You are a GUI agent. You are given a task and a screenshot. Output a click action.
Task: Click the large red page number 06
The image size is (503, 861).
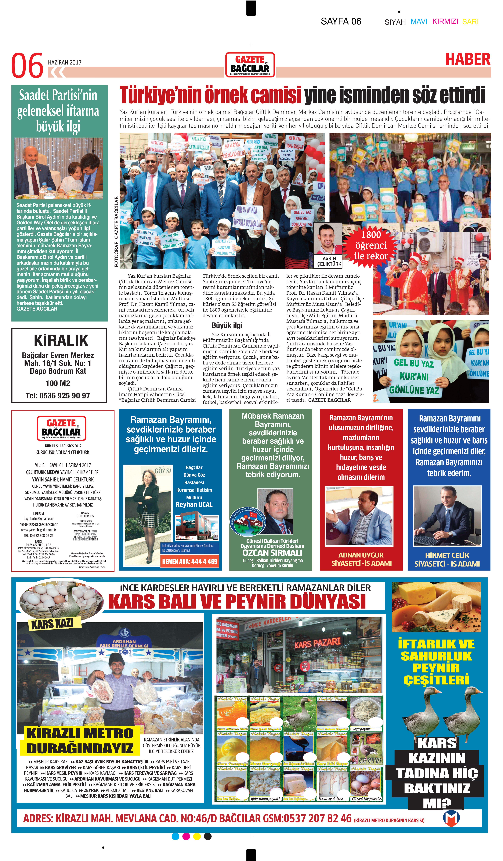27,66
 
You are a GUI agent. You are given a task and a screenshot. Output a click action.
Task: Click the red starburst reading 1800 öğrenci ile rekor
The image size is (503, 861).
371,245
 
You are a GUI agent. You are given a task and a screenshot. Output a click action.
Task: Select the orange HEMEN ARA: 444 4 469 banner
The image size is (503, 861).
189,561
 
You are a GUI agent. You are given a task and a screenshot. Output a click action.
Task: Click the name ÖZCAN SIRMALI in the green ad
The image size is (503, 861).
272,552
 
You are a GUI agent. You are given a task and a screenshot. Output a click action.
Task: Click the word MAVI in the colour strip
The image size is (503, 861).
419,22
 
